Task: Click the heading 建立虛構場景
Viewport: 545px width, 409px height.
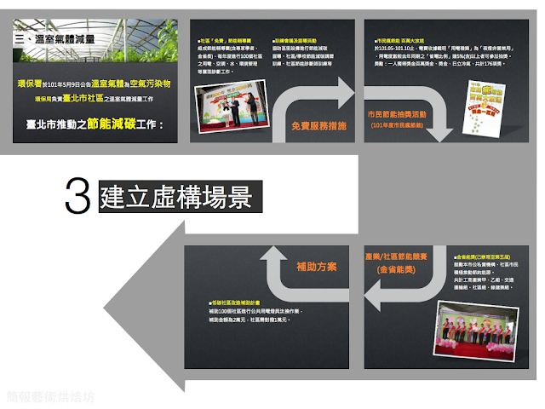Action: coord(175,197)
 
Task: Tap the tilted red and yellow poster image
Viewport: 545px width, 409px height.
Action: coord(482,101)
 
